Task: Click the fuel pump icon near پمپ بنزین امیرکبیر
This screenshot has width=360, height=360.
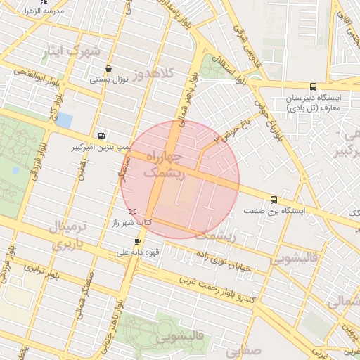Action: (x=103, y=136)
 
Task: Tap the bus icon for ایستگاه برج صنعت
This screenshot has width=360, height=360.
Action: (x=274, y=199)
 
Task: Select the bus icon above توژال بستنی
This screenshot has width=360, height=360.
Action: (x=108, y=69)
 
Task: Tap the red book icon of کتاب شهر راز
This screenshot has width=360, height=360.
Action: (x=132, y=211)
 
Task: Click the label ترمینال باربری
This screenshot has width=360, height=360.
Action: (x=70, y=236)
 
